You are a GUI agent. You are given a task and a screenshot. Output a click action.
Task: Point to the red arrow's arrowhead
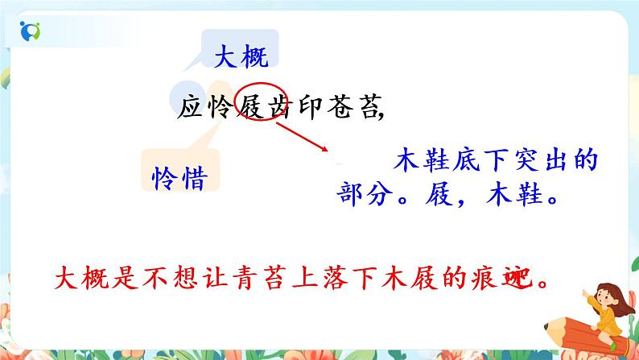click(x=324, y=149)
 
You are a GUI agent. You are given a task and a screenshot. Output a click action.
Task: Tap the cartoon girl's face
click(x=598, y=289)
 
